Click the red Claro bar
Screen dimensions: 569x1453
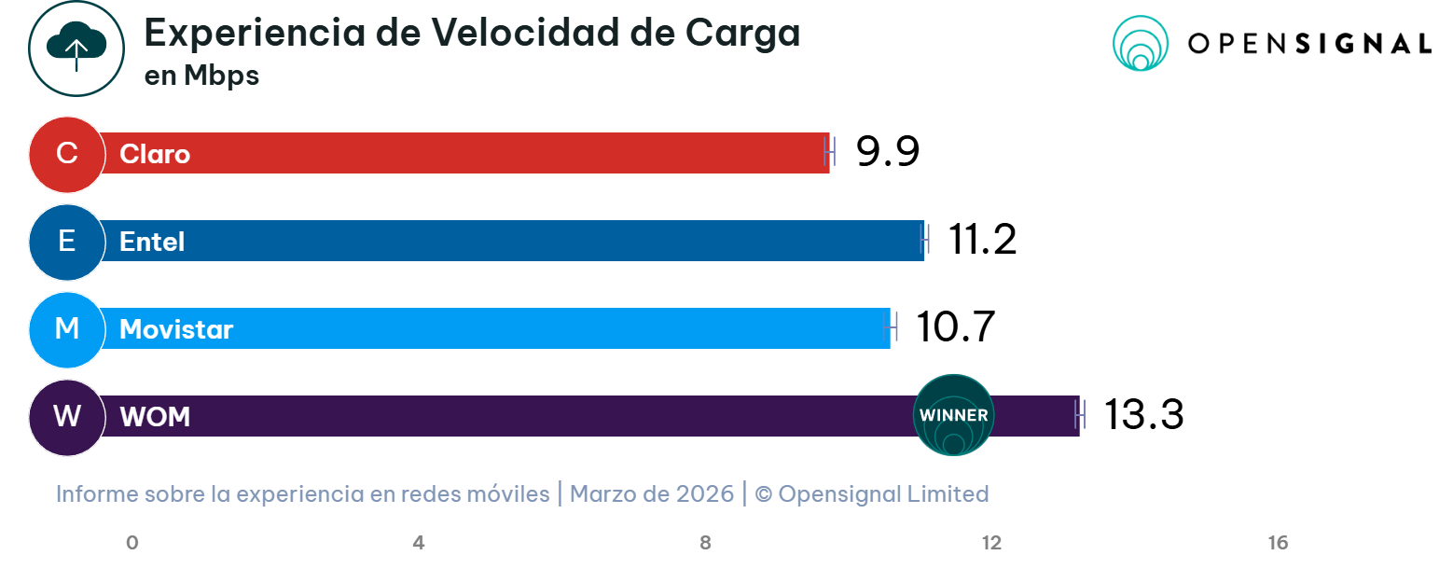[x=466, y=153]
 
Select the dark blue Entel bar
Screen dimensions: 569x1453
[x=513, y=241]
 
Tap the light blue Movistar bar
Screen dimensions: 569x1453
[x=494, y=328]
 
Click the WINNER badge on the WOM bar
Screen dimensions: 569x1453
[x=953, y=415]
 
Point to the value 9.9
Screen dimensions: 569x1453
[x=888, y=152]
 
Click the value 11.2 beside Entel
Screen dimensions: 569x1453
[x=982, y=240]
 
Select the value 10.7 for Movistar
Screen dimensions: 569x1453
[x=956, y=327]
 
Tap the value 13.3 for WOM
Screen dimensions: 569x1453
[x=1143, y=415]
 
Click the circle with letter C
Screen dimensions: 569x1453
[x=66, y=154]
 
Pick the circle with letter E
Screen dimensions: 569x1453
[x=66, y=242]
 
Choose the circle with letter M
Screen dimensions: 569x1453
[x=66, y=329]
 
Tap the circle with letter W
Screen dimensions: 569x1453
[x=66, y=417]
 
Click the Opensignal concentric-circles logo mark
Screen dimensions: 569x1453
[x=1140, y=44]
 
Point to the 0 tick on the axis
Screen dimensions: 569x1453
[x=132, y=543]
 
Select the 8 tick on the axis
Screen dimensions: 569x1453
[x=705, y=543]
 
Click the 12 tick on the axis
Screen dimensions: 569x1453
[x=991, y=543]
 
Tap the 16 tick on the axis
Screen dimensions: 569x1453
[x=1278, y=543]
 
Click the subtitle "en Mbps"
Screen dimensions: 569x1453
[x=201, y=76]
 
